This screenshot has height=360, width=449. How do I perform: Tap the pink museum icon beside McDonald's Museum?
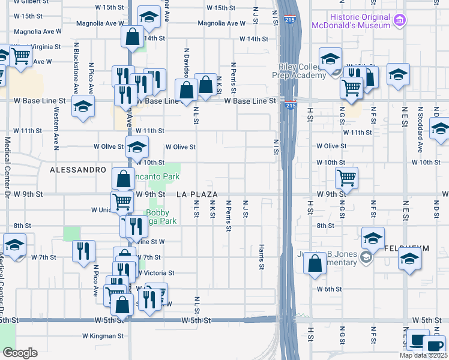pos(399,22)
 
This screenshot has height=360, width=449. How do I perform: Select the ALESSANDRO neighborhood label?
pos(78,170)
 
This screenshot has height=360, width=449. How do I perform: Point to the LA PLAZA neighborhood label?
pos(197,194)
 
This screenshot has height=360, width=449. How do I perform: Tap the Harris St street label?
pos(262,256)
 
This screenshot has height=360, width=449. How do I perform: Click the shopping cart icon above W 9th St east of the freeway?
pos(346,177)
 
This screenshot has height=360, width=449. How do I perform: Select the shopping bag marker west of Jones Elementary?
pos(315,263)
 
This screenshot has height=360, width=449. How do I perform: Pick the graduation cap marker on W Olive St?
pos(137,146)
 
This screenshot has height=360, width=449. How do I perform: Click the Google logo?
pos(20,352)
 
